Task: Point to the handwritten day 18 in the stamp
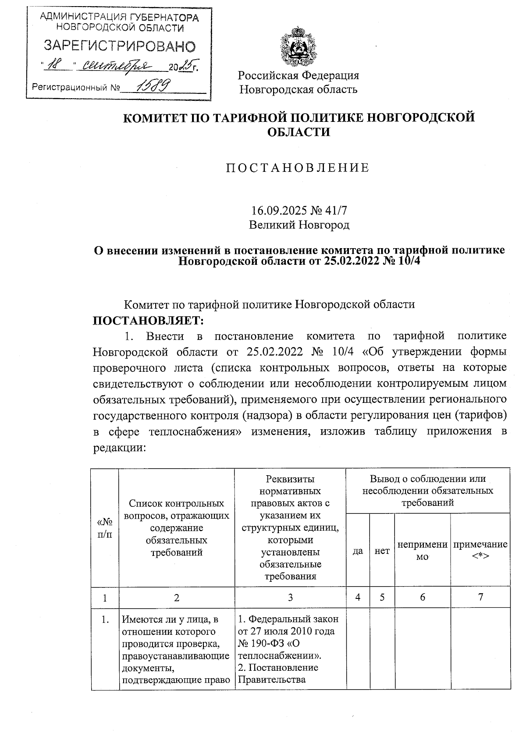[55, 66]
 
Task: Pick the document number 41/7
[337, 210]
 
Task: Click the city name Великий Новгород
[299, 225]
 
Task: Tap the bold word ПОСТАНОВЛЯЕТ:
[149, 320]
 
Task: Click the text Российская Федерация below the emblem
[299, 75]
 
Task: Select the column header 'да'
[358, 551]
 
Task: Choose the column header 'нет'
[382, 551]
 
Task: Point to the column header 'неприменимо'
[422, 550]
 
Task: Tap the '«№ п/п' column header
[104, 528]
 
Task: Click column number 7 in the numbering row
[480, 597]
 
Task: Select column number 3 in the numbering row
[290, 597]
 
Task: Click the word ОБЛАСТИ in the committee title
[299, 132]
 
